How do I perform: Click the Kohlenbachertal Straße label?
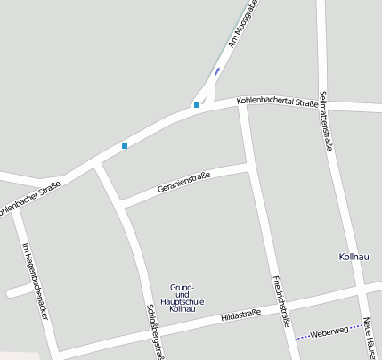point(278,103)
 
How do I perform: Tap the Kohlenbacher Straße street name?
point(30,200)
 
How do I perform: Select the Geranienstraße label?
point(183,183)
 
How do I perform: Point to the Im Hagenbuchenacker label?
point(36,282)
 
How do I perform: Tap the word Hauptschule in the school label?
point(187,301)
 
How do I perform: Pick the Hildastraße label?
point(240,315)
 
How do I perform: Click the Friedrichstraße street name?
point(281,300)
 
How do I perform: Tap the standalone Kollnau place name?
point(354,257)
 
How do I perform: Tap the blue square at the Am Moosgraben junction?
point(197,105)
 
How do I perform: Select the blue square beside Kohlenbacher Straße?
point(125,145)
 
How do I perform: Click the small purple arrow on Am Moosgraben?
point(217,70)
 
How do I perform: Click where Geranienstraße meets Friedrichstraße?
point(248,166)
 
